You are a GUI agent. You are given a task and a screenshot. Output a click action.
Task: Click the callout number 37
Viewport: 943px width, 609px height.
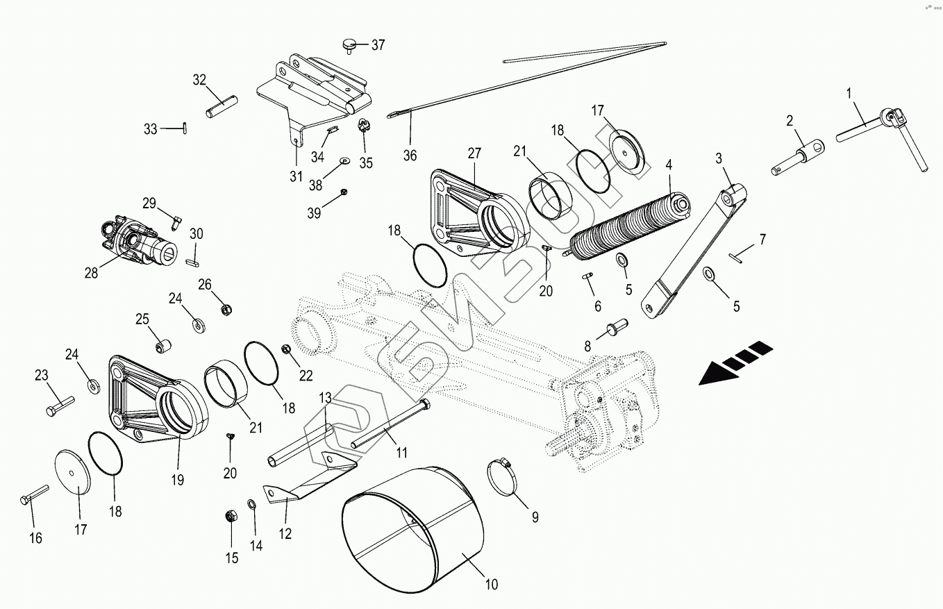[378, 46]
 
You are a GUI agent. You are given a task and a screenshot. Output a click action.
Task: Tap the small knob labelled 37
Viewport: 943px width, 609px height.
[349, 45]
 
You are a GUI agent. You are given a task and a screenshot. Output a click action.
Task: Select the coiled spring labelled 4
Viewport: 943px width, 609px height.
[628, 222]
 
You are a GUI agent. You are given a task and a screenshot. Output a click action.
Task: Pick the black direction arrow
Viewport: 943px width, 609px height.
[736, 362]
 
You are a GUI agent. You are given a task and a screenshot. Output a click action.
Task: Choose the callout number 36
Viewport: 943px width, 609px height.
[410, 156]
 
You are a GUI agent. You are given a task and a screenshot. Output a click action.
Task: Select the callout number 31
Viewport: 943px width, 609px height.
[296, 176]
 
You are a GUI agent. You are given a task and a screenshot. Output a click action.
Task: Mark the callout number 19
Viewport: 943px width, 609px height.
[178, 480]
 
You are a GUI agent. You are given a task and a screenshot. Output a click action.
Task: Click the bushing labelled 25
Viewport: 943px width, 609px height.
[165, 344]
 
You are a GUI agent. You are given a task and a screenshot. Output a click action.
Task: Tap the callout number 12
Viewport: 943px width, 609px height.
[285, 533]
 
